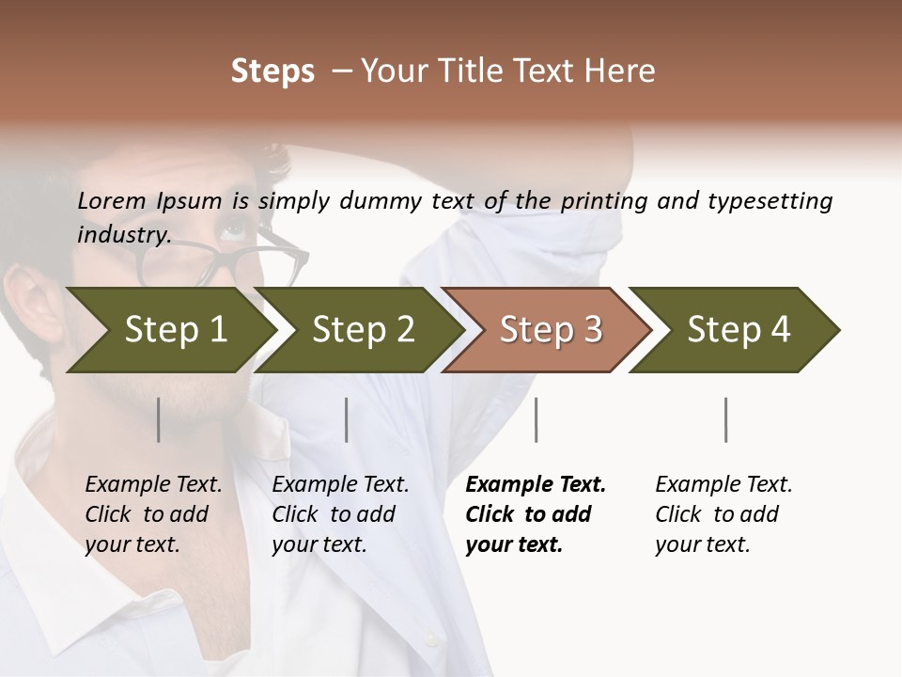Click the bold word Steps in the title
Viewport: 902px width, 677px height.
coord(272,71)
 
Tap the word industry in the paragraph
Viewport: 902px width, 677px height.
coord(123,234)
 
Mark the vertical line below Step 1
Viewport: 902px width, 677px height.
coord(159,419)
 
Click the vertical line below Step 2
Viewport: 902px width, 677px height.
coord(347,419)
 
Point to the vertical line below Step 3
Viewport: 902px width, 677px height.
coord(536,419)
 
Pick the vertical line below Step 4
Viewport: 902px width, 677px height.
coord(725,419)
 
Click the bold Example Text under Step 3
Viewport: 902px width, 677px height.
coord(536,485)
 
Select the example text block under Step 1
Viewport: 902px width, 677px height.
coord(153,514)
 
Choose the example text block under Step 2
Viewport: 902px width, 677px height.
coord(340,514)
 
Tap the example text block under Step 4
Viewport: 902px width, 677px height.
coord(723,514)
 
